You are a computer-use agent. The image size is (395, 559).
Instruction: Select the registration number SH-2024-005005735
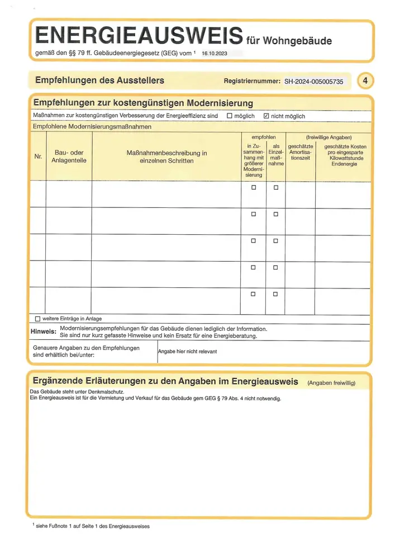(313, 81)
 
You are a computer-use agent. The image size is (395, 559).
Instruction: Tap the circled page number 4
(365, 80)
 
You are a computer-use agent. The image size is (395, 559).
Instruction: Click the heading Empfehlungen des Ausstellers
(99, 80)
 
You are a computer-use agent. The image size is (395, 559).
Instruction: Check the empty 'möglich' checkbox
(229, 116)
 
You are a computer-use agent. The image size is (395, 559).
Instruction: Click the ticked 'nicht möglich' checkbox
(266, 116)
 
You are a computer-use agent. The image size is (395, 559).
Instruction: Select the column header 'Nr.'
(38, 157)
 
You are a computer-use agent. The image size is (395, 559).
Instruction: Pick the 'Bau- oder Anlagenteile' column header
(69, 157)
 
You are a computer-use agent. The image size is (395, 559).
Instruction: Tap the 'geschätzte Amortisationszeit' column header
(301, 152)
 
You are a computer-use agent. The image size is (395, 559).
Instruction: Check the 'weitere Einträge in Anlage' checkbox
(38, 319)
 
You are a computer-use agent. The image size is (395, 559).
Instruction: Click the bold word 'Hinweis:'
(43, 332)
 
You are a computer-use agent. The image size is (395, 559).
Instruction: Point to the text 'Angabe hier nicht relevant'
(187, 352)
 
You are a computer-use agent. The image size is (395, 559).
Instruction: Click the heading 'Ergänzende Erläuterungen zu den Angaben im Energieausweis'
(166, 381)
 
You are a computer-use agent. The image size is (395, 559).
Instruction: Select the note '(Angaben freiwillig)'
(331, 383)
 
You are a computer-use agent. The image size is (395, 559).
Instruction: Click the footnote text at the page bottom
(92, 526)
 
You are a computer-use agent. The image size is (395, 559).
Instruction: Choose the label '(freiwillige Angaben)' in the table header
(329, 137)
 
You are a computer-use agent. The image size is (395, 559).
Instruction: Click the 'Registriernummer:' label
(251, 81)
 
